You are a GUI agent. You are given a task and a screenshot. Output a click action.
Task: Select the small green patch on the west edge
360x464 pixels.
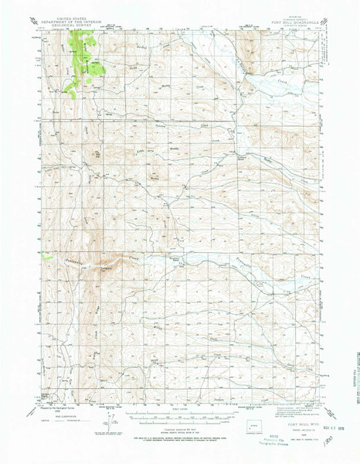(x=46, y=256)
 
